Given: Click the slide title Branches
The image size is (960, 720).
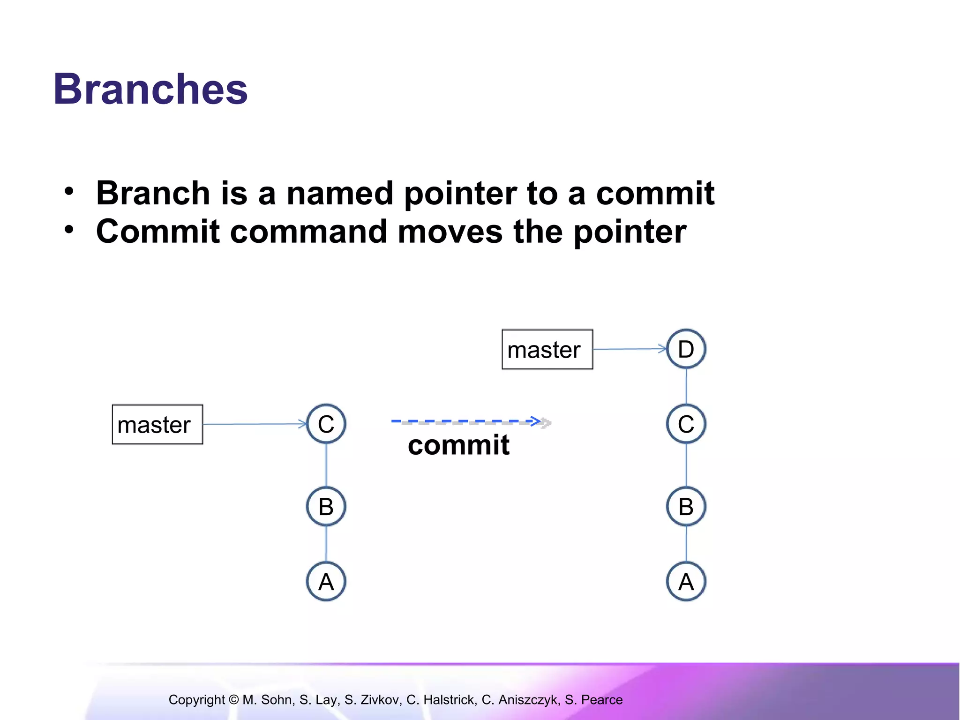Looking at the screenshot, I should point(150,89).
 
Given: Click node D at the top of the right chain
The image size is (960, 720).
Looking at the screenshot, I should point(686,349).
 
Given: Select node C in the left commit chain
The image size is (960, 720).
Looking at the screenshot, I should point(326,424).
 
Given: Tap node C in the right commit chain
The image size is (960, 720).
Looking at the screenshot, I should point(686,424).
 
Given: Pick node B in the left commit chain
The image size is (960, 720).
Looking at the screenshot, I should point(326,507).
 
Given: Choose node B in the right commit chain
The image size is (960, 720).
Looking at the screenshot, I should point(686,507).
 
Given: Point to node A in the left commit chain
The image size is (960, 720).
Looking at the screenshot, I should point(326,582).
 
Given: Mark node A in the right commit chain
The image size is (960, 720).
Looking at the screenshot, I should point(686,582).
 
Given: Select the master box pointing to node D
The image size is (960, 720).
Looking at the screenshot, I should point(547,350).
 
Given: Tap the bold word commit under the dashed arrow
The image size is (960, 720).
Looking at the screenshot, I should point(458,445).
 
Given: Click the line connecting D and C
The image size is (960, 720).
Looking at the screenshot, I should point(686,386).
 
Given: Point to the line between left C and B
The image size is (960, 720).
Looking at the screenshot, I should point(326,465).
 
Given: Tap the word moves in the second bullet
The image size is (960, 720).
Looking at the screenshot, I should point(450,232).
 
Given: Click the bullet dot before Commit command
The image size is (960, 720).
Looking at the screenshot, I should point(69,230).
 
